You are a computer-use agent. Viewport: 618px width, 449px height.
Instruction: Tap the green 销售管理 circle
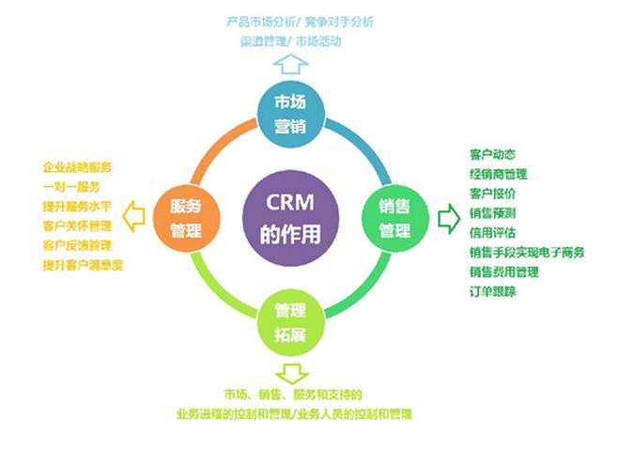(x=394, y=219)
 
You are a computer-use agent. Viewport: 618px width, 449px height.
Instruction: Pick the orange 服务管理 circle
(x=185, y=218)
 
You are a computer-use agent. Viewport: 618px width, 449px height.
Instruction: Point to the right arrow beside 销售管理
(x=445, y=219)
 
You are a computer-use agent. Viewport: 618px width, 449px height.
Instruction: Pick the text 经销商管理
(x=498, y=173)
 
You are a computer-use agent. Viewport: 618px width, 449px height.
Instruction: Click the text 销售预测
(x=492, y=212)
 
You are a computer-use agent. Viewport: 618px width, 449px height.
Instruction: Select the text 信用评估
(x=492, y=232)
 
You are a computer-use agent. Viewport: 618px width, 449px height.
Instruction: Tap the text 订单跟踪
(x=492, y=291)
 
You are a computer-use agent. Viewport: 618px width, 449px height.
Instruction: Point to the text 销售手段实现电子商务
(x=527, y=252)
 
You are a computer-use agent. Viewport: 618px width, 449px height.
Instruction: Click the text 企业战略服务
(x=77, y=167)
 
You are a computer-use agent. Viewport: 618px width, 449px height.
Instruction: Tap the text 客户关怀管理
(x=77, y=226)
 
